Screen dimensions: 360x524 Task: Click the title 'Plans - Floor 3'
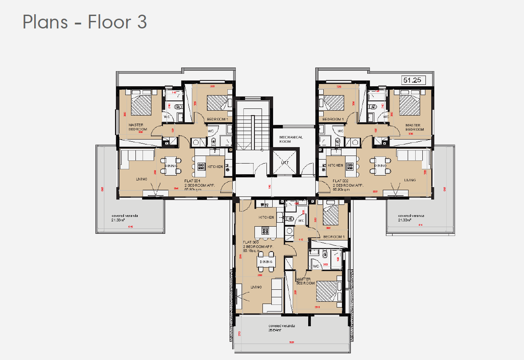(84, 22)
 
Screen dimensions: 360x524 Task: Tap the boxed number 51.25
(413, 80)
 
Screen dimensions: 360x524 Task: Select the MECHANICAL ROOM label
(291, 139)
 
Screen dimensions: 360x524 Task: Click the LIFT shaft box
(285, 163)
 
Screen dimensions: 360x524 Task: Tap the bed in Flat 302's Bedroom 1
(333, 102)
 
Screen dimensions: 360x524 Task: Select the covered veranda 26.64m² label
(281, 328)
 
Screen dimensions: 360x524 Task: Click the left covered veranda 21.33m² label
(125, 218)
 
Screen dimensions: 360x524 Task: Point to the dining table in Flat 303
(266, 262)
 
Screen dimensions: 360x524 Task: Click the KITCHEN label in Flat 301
(215, 166)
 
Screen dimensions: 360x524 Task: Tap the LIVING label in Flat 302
(409, 180)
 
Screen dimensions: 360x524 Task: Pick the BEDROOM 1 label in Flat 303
(333, 237)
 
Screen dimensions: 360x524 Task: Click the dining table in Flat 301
(171, 166)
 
